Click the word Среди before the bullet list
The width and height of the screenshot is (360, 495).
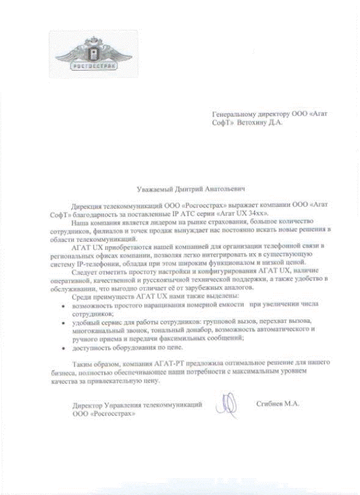click(x=80, y=298)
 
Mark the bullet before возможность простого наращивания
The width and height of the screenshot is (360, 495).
click(x=64, y=305)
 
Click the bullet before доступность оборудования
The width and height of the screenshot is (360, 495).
click(x=64, y=349)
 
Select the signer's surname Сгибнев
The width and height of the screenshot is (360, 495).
click(x=268, y=404)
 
